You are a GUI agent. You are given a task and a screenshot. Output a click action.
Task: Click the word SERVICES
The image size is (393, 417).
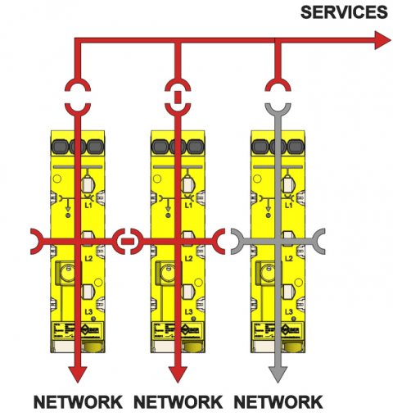pos(344,12)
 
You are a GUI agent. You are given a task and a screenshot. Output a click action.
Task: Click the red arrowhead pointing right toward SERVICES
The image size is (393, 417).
pos(382,39)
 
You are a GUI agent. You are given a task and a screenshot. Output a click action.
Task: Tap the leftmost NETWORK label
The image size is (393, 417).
pos(78,402)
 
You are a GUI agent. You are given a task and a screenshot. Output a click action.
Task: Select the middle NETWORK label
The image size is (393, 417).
pos(177,402)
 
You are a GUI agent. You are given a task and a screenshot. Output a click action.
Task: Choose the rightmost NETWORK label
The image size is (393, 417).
pos(278,402)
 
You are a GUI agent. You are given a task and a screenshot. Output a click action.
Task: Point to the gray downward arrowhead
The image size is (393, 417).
pos(278,373)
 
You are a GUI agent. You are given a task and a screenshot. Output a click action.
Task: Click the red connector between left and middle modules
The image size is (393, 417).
pos(127,241)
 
